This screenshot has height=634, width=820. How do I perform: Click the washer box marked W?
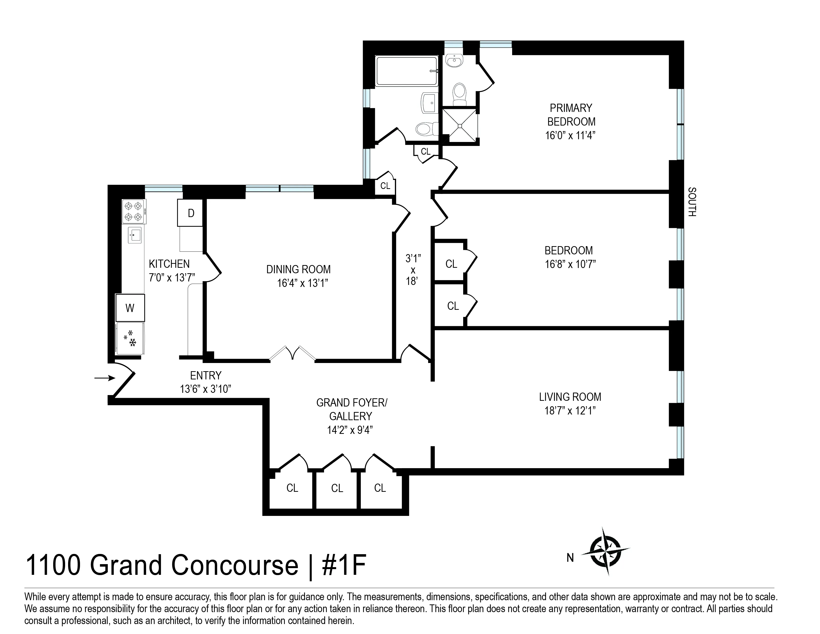[130, 308]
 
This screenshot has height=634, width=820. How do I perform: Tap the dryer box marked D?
[190, 213]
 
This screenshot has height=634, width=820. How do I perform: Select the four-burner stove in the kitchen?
[134, 211]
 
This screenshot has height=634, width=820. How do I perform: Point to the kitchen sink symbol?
[135, 235]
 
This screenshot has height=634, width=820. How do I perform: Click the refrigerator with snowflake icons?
[130, 338]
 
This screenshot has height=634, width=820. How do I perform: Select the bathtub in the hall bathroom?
[407, 71]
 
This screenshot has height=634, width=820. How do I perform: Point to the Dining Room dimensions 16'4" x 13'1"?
[303, 283]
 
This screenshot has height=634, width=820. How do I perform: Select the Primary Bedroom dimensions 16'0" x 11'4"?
[570, 135]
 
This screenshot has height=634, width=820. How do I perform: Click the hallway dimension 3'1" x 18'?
[413, 270]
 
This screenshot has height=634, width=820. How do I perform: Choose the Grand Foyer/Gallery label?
[351, 409]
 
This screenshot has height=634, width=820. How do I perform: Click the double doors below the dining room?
[292, 354]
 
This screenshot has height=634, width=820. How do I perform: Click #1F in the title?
[344, 566]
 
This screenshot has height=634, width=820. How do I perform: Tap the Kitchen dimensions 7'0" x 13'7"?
[172, 277]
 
